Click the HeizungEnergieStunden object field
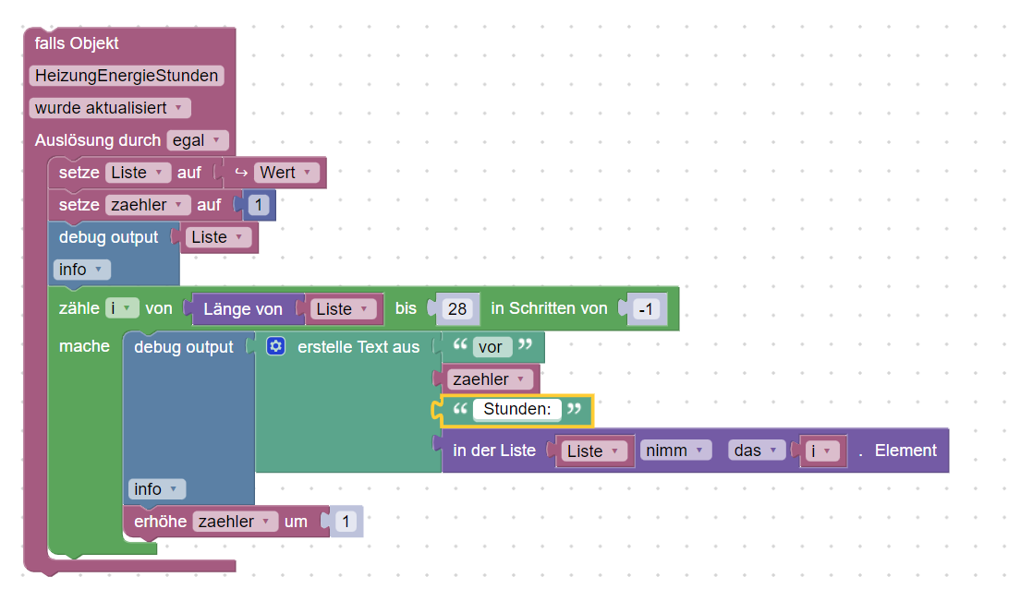(x=127, y=76)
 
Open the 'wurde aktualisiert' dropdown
(x=110, y=108)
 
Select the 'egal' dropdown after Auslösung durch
(x=197, y=141)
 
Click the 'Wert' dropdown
(x=286, y=173)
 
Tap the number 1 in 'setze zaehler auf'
(x=259, y=205)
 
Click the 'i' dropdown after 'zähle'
(x=122, y=308)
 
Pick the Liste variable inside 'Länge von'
(x=344, y=309)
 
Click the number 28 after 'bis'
(x=457, y=309)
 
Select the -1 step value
(x=647, y=309)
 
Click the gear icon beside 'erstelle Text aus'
(x=275, y=347)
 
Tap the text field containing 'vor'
(x=492, y=348)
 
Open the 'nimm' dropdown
(x=674, y=451)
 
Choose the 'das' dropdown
(x=758, y=451)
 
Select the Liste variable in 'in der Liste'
(x=595, y=451)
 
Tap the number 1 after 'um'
(x=346, y=522)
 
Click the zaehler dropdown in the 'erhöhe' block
(x=235, y=522)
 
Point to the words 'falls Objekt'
(x=77, y=43)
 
